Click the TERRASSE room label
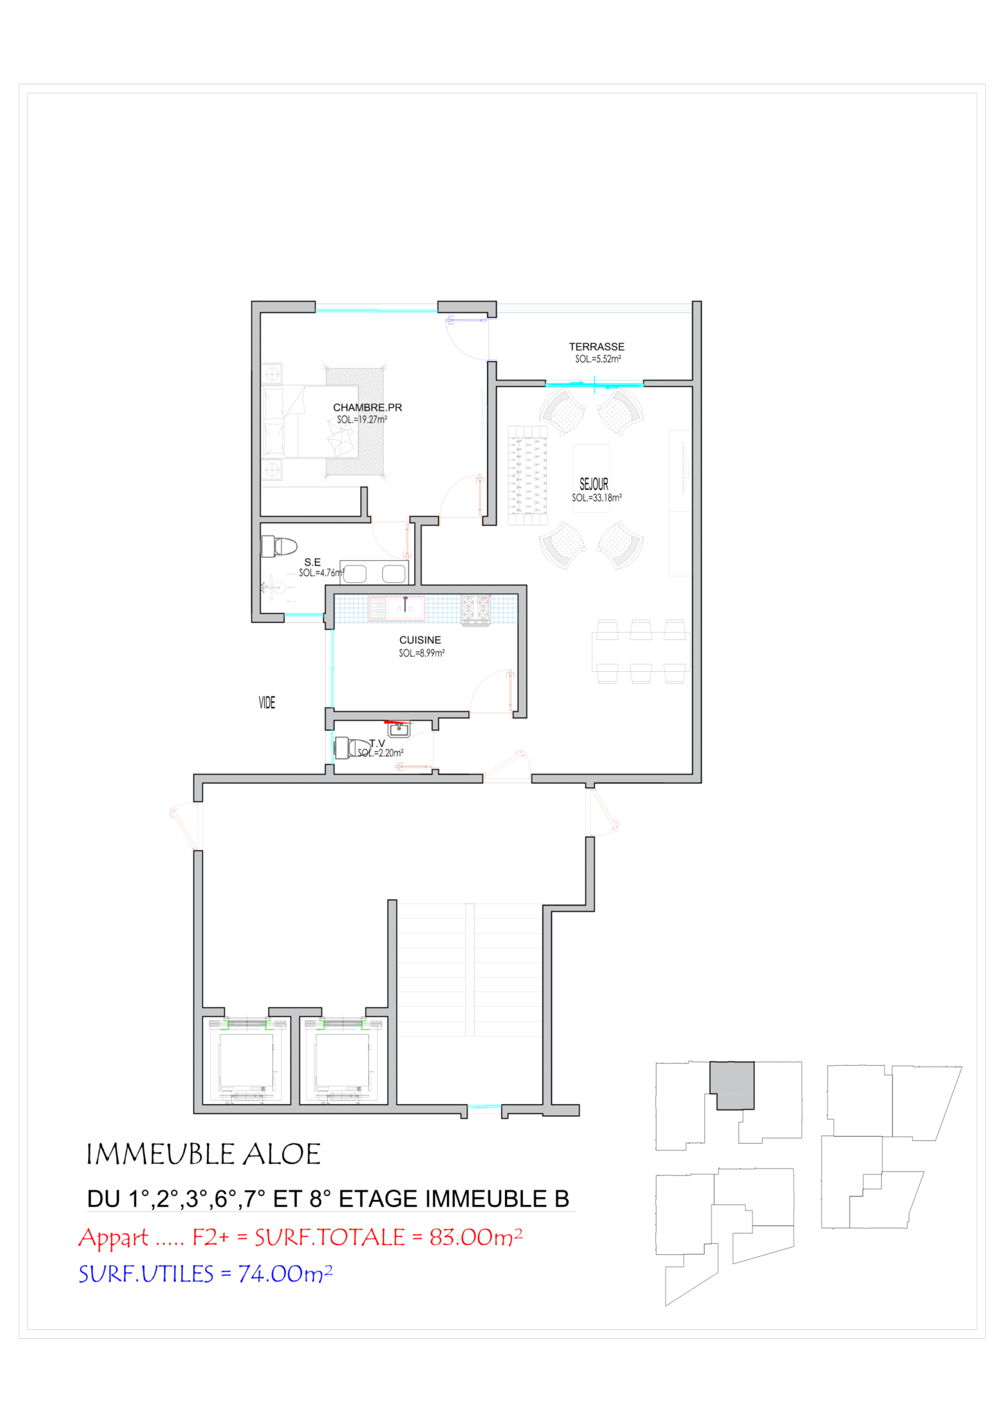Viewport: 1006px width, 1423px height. pos(596,347)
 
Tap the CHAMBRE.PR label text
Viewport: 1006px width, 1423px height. pos(368,407)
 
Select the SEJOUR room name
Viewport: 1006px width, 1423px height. pos(594,484)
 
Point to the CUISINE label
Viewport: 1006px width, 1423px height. pos(420,640)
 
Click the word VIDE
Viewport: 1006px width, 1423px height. pos(267,702)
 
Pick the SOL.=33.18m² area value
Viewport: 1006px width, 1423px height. pos(597,497)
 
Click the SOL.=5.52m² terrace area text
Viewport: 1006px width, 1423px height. pos(597,359)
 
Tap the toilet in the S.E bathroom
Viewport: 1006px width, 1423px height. pos(279,546)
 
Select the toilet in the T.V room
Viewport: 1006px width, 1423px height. pos(352,748)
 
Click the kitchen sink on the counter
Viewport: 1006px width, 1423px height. pos(396,609)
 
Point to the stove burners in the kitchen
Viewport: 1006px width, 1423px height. pos(476,609)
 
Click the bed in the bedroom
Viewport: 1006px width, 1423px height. pos(310,421)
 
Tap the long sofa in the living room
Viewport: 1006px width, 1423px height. pos(527,476)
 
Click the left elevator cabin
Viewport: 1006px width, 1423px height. pos(246,1060)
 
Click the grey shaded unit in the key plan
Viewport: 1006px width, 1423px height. pos(732,1085)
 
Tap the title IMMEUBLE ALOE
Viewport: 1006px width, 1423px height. pos(203,1154)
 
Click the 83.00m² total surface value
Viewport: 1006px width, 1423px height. pos(476,1237)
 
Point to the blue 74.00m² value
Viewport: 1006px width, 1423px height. pos(286,1274)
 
